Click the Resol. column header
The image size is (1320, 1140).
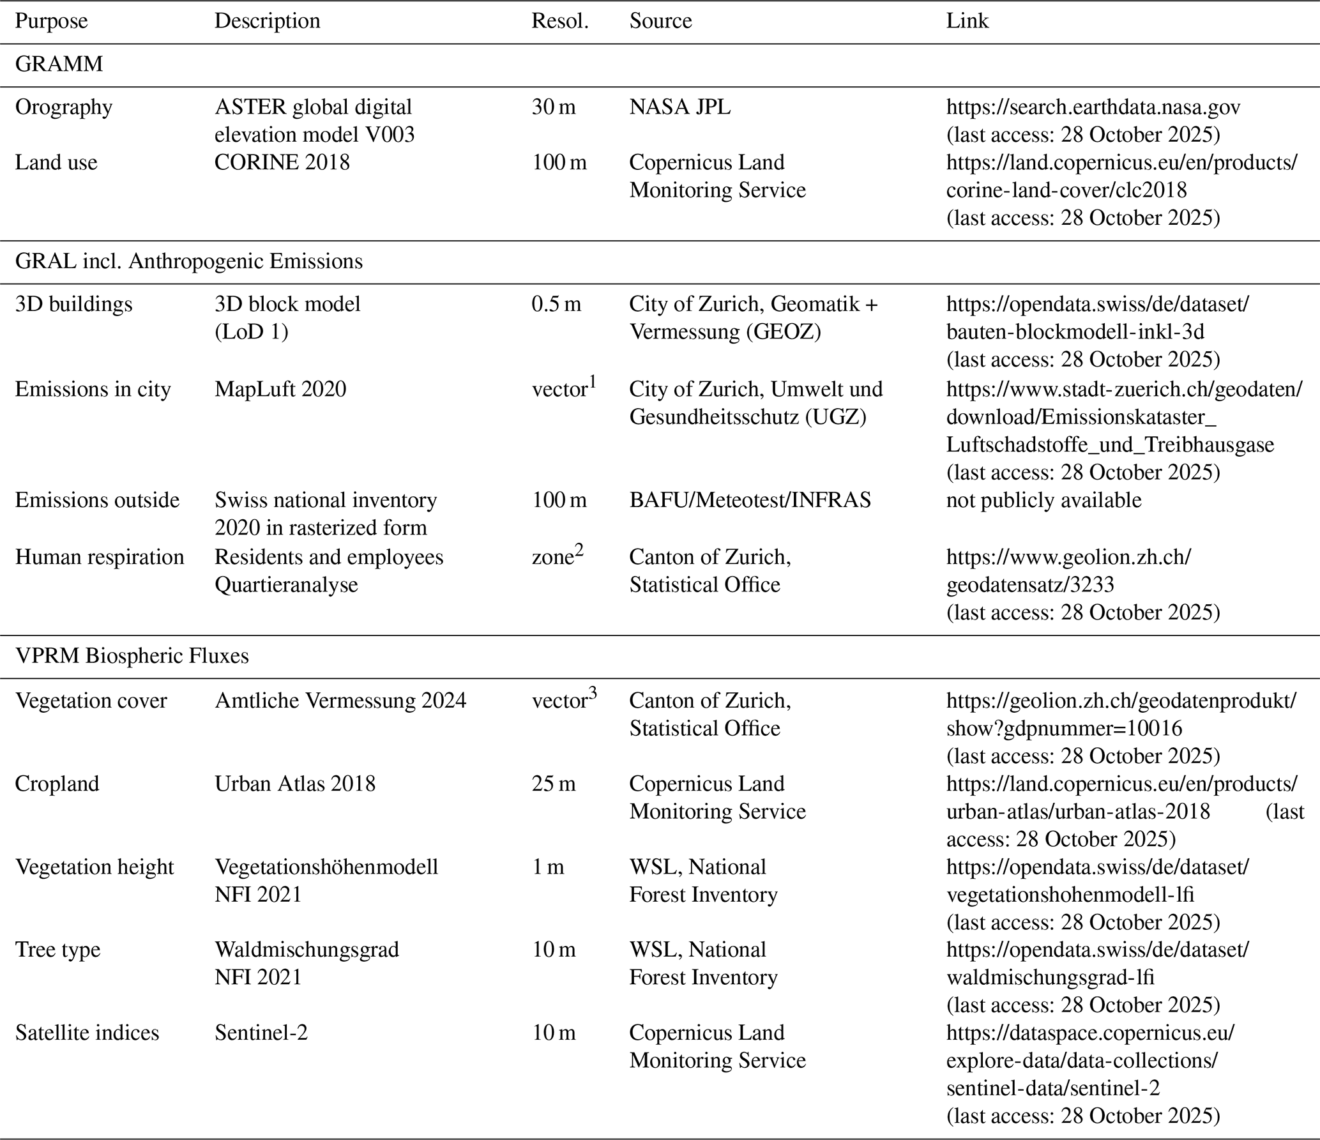click(x=559, y=21)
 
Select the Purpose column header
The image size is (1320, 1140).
click(x=51, y=21)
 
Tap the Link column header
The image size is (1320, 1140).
click(x=967, y=21)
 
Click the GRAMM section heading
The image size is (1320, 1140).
click(x=59, y=65)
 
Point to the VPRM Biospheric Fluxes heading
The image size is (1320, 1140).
click(x=132, y=656)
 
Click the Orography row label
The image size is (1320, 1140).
click(x=63, y=107)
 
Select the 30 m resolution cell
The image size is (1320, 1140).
click(x=553, y=107)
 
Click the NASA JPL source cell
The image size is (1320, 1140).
click(x=679, y=107)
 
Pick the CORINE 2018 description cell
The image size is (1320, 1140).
click(x=282, y=163)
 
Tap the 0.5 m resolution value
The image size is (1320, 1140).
click(x=556, y=304)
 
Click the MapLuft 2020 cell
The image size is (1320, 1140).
click(x=280, y=389)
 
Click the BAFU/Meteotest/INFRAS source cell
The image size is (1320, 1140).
click(x=750, y=500)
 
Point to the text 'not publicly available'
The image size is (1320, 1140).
click(x=1043, y=500)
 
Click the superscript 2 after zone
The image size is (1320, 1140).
click(x=579, y=551)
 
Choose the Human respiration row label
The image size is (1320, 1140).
click(x=99, y=557)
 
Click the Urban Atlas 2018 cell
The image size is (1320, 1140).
click(x=294, y=784)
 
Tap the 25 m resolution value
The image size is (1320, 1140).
click(x=553, y=784)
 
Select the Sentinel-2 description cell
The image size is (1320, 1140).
click(x=261, y=1033)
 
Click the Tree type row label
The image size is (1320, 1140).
click(x=57, y=950)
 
